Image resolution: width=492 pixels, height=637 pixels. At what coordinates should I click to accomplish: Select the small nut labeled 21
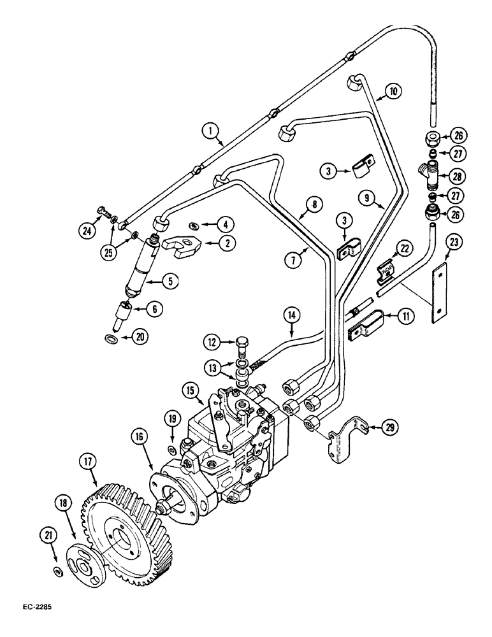coord(58,554)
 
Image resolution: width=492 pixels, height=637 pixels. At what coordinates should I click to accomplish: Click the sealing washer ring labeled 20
coord(112,336)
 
